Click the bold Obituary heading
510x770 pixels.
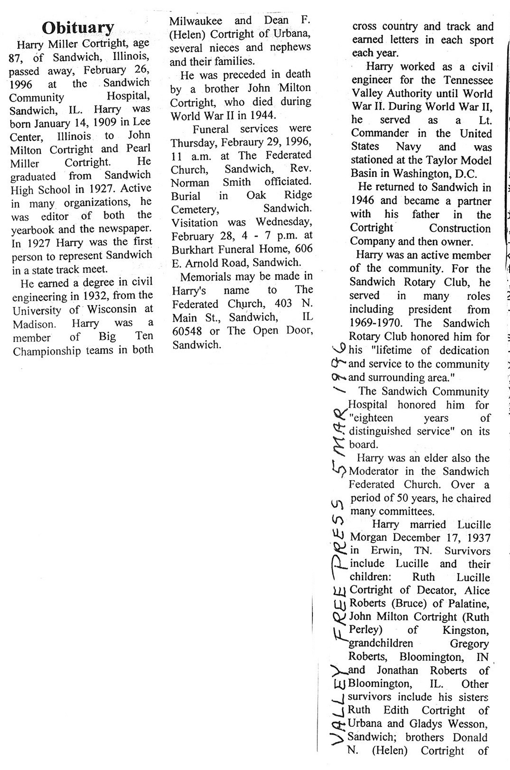tap(78, 28)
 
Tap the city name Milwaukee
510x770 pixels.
tap(192, 21)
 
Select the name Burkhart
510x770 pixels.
tap(194, 249)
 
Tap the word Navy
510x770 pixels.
tap(411, 147)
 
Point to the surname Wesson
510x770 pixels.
tap(467, 724)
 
